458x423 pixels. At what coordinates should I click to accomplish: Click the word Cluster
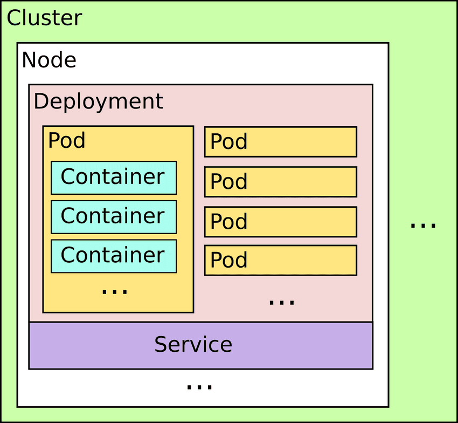pyautogui.click(x=44, y=18)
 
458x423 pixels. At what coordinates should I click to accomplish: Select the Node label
pyautogui.click(x=49, y=60)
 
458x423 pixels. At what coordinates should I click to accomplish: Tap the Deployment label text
pyautogui.click(x=98, y=101)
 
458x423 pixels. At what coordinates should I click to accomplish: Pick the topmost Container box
pyautogui.click(x=114, y=178)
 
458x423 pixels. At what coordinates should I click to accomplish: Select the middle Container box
pyautogui.click(x=114, y=216)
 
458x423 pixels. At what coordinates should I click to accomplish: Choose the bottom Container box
pyautogui.click(x=114, y=256)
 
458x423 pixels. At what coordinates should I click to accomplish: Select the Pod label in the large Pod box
pyautogui.click(x=67, y=141)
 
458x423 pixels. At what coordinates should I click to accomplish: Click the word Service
pyautogui.click(x=193, y=344)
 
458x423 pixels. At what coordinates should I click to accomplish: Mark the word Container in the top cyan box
pyautogui.click(x=113, y=176)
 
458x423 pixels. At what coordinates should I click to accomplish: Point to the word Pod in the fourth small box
pyautogui.click(x=229, y=260)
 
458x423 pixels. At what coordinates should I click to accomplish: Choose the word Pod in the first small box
pyautogui.click(x=229, y=142)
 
